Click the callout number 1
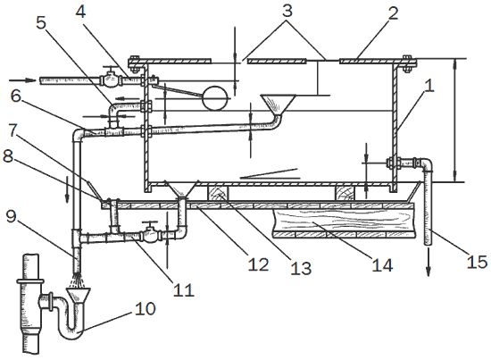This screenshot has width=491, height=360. [x=429, y=85]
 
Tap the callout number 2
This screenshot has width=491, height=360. [x=393, y=13]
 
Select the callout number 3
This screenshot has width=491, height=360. [x=287, y=11]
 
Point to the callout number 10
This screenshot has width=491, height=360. [x=146, y=309]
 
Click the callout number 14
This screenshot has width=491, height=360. [x=382, y=264]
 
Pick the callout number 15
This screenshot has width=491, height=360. [x=477, y=261]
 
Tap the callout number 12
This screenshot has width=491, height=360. [x=258, y=264]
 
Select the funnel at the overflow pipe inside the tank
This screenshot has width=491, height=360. [x=278, y=105]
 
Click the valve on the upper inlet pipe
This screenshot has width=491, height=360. [x=110, y=79]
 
